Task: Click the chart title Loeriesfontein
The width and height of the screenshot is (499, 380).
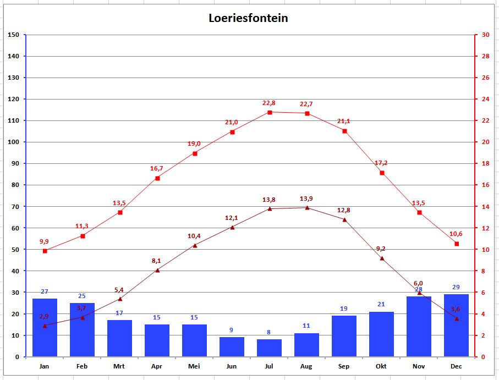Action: pos(248,18)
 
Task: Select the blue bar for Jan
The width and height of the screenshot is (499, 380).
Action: pos(45,327)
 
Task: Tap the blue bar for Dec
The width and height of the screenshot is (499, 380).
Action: pos(457,326)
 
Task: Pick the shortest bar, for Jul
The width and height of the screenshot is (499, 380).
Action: pos(270,348)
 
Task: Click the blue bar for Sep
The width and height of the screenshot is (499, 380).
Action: pos(344,336)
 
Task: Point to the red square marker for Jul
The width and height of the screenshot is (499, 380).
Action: pos(270,112)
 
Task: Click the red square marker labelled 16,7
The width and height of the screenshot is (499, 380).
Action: pos(157,178)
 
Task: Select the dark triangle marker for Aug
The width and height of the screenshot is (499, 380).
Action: pos(307,208)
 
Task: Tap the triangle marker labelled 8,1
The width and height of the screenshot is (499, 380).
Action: pos(157,270)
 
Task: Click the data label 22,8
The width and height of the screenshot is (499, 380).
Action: pos(268,103)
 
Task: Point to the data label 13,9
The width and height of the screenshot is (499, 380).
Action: pos(306,199)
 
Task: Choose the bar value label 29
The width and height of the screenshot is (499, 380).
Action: pos(456,287)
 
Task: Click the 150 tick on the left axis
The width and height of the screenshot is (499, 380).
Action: pos(14,35)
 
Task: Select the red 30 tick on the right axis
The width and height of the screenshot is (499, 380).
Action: pos(486,35)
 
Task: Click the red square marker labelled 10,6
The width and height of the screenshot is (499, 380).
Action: pos(457,244)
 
